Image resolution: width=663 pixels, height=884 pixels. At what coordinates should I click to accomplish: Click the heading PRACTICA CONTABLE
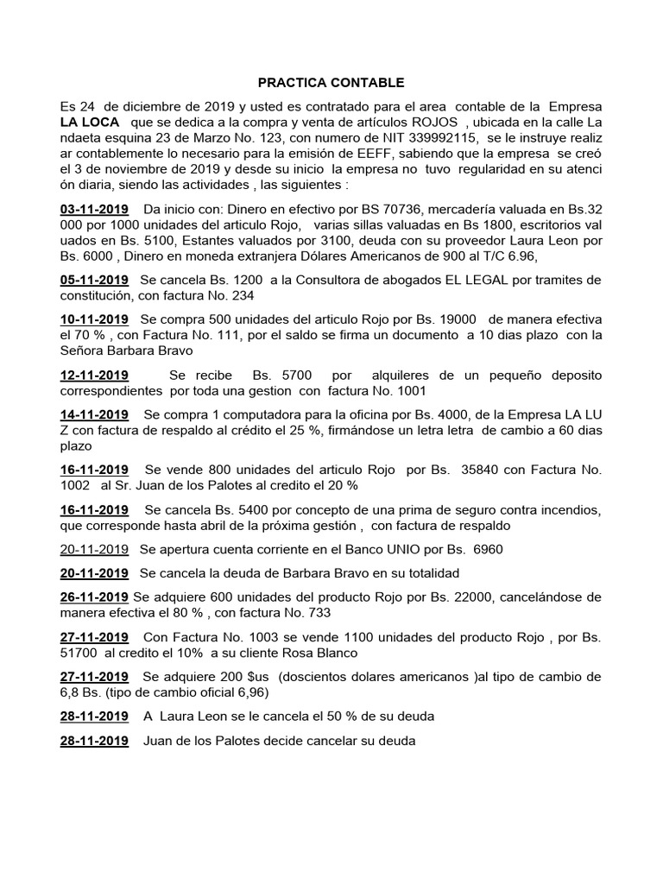(x=331, y=83)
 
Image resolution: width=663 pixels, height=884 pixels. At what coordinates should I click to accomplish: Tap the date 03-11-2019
(x=94, y=209)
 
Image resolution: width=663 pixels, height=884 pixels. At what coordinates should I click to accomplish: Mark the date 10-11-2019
(x=94, y=319)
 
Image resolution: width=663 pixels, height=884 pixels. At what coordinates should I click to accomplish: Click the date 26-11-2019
(x=94, y=597)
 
